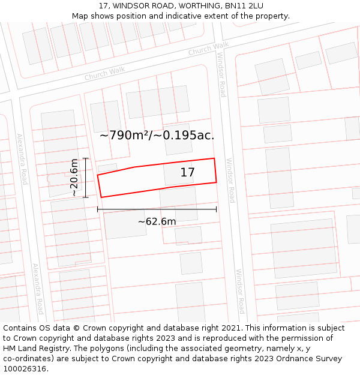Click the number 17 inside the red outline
click(x=187, y=173)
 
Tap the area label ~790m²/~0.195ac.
click(x=157, y=135)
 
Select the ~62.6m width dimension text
click(x=157, y=221)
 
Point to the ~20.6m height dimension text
click(x=74, y=178)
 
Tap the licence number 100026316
click(x=26, y=368)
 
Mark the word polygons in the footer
click(x=125, y=349)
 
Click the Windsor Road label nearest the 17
click(x=230, y=180)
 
